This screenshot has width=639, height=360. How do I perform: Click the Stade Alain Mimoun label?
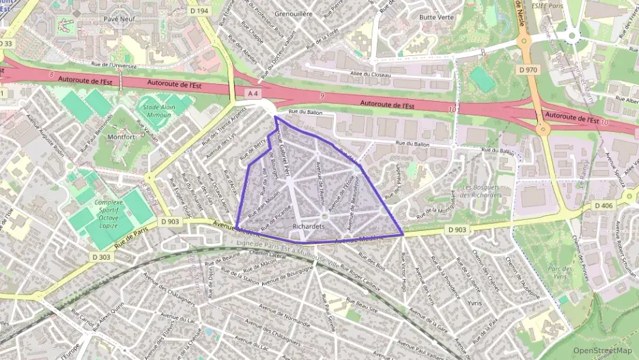click(157, 111)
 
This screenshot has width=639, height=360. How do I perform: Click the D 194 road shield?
click(199, 11)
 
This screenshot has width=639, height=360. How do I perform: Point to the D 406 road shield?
click(603, 206)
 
